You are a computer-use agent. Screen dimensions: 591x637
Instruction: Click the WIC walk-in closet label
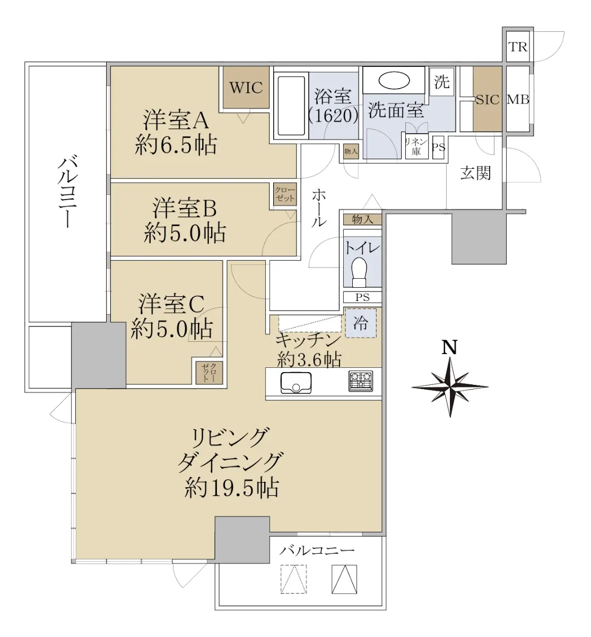coord(246,87)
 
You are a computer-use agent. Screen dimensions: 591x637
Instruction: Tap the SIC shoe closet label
coord(488,100)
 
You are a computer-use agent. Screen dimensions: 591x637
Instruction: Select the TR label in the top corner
coord(518,47)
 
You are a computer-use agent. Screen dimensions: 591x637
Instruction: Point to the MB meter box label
coord(518,100)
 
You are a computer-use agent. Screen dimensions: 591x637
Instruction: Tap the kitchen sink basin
coord(295,382)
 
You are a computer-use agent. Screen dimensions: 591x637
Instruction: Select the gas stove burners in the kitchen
coord(361,381)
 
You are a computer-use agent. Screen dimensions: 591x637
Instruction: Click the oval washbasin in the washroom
coord(394,81)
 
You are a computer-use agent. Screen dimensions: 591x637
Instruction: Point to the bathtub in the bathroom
coord(291,106)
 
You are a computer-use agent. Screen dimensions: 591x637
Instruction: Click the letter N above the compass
coord(449,348)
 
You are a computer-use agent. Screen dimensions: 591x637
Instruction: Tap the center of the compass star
coord(450,387)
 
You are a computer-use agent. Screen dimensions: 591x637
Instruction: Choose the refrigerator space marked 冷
coord(361,323)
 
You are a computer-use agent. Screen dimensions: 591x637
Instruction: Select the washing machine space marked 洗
coord(441,82)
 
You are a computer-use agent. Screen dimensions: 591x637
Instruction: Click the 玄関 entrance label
coord(476,174)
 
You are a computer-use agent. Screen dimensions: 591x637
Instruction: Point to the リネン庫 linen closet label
coord(416,147)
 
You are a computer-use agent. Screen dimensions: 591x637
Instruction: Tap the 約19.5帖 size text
coord(231,488)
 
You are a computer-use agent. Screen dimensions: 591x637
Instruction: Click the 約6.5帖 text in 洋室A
coord(176,145)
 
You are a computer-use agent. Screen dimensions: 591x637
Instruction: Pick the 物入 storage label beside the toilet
coord(362,219)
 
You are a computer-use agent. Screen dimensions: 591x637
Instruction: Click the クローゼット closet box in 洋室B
coord(285,194)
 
